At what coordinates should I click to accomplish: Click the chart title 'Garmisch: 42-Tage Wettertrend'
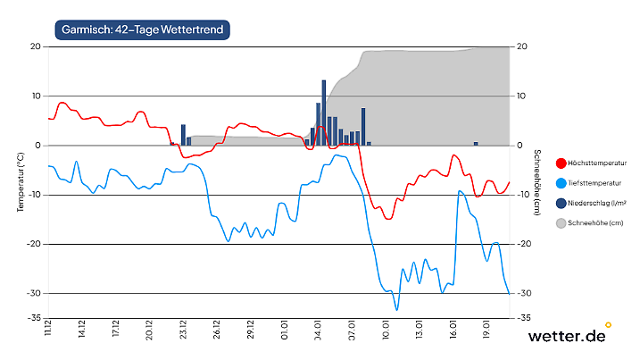[143, 29]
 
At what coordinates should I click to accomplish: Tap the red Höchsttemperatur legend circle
[561, 163]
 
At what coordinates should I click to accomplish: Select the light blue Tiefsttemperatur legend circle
[561, 183]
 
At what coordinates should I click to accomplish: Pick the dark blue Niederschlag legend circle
[561, 203]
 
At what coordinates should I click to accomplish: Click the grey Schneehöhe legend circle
[561, 222]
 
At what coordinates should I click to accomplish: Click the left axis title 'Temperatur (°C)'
[21, 182]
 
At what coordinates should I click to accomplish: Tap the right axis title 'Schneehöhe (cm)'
[537, 182]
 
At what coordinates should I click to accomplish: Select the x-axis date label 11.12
[48, 331]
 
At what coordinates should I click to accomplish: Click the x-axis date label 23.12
[183, 331]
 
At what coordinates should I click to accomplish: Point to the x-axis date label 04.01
[318, 331]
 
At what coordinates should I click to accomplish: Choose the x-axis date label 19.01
[486, 331]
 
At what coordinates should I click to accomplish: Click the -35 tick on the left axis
[34, 318]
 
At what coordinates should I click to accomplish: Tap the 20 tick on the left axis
[36, 46]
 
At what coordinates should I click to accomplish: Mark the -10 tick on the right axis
[526, 195]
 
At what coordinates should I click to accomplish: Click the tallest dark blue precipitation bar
[323, 112]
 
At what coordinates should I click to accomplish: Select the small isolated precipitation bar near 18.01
[476, 143]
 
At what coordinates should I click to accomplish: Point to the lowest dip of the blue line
[396, 308]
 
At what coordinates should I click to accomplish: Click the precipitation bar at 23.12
[183, 135]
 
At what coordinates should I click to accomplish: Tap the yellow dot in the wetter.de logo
[609, 324]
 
